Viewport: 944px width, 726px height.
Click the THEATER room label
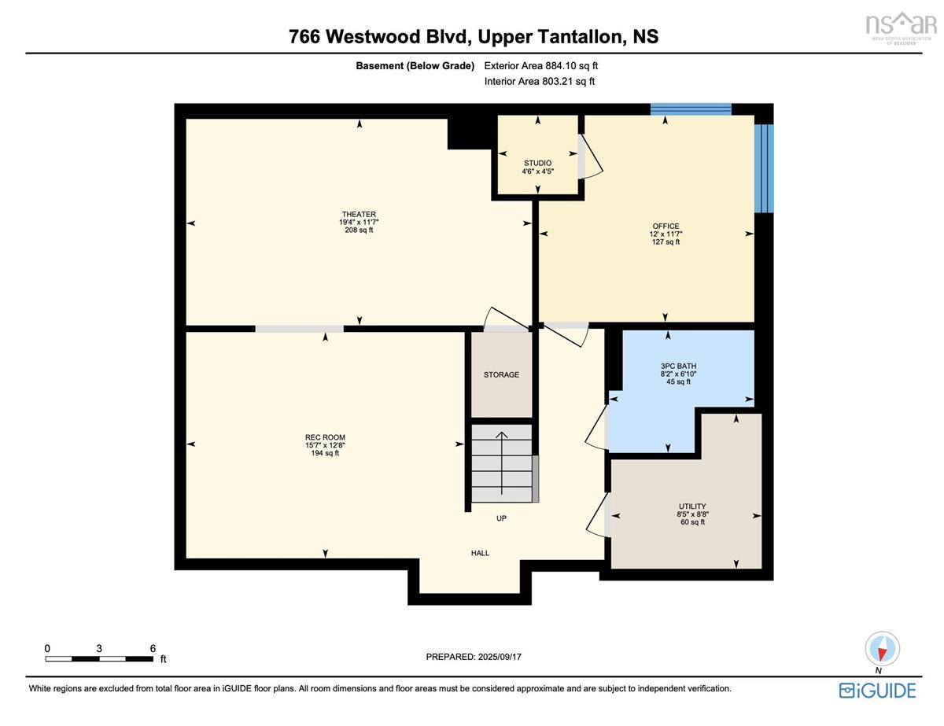click(359, 214)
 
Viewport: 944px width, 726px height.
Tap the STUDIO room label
click(537, 163)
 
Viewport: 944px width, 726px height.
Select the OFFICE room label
click(666, 226)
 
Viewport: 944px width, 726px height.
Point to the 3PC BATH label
click(678, 366)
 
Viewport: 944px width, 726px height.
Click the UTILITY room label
click(692, 507)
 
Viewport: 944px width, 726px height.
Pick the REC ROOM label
click(325, 437)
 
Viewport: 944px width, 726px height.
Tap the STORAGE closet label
click(501, 374)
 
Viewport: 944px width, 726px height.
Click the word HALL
click(480, 553)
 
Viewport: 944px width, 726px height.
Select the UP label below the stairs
click(501, 518)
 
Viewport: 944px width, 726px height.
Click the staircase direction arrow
click(502, 463)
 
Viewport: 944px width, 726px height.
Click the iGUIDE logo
click(877, 690)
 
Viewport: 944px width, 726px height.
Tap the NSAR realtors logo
click(901, 28)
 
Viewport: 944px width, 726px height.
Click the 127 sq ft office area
click(666, 241)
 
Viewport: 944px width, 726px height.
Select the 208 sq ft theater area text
click(359, 230)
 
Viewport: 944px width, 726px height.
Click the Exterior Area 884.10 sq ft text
click(541, 65)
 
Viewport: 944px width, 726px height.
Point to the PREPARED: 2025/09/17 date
click(474, 657)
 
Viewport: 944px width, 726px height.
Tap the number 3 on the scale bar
click(99, 648)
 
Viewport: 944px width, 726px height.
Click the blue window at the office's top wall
click(690, 109)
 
